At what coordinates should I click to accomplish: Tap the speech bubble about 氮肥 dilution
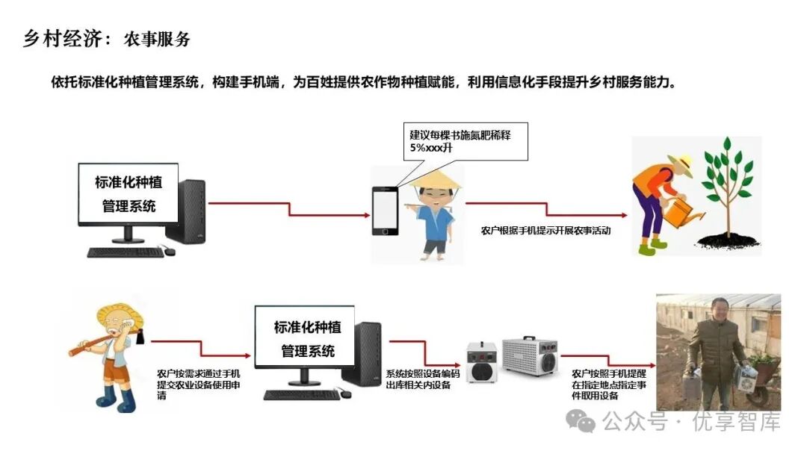tap(464, 140)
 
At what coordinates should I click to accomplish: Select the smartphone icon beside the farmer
tap(384, 211)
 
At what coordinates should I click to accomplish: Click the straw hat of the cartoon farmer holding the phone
tap(431, 178)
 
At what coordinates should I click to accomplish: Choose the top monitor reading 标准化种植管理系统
tap(129, 193)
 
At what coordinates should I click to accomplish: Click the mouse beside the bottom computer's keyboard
tap(346, 394)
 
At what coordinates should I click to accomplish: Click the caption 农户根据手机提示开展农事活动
tap(545, 231)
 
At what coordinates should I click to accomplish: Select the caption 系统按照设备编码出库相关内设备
tap(418, 379)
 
